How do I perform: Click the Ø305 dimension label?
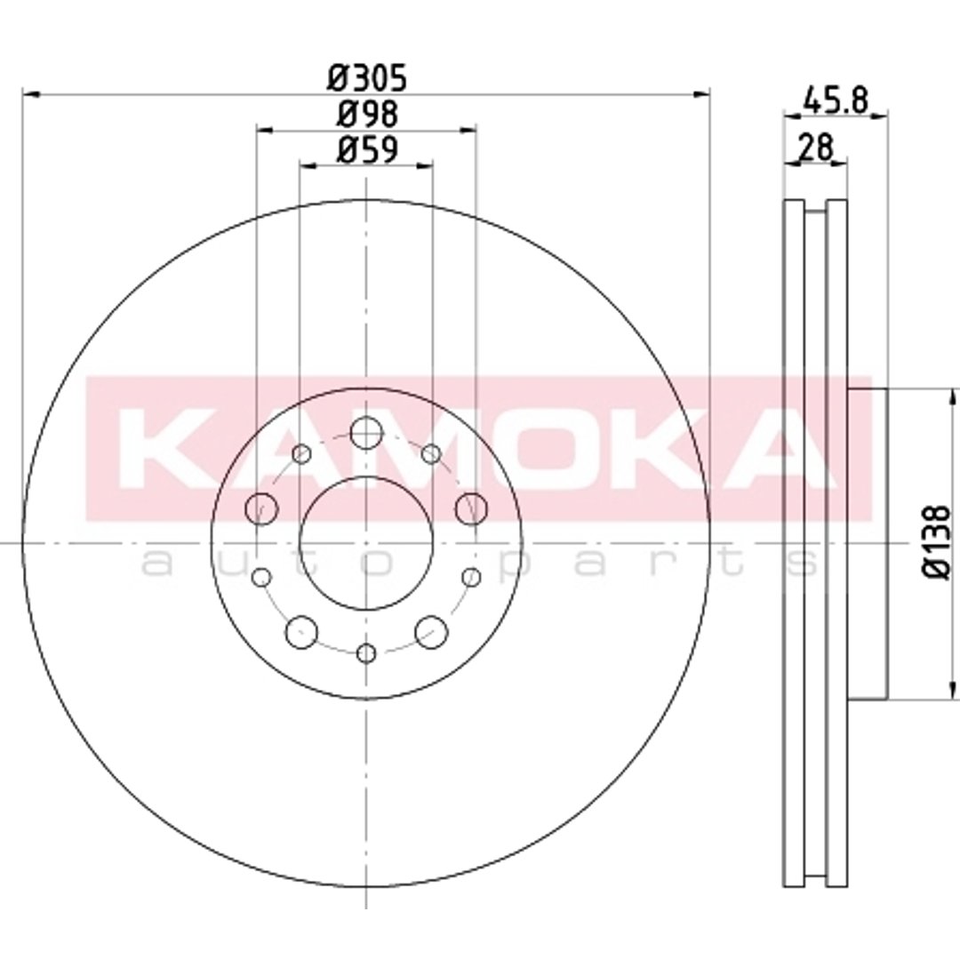point(367,77)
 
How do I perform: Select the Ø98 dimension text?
point(367,114)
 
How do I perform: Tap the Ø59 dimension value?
point(367,148)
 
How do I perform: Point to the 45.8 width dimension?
point(836,100)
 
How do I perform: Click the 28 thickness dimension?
point(816,148)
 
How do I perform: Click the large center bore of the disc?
point(366,543)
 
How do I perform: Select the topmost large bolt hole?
point(366,432)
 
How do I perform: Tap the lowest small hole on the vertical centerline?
point(366,653)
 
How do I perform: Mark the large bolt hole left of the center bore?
point(261,508)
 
